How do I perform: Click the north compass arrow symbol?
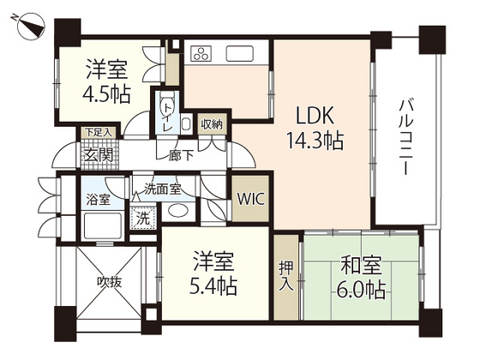30,26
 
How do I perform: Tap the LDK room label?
314,115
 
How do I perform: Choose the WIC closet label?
251,200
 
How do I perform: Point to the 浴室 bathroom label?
98,200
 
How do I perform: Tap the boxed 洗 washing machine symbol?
144,218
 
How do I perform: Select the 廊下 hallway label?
181,156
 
